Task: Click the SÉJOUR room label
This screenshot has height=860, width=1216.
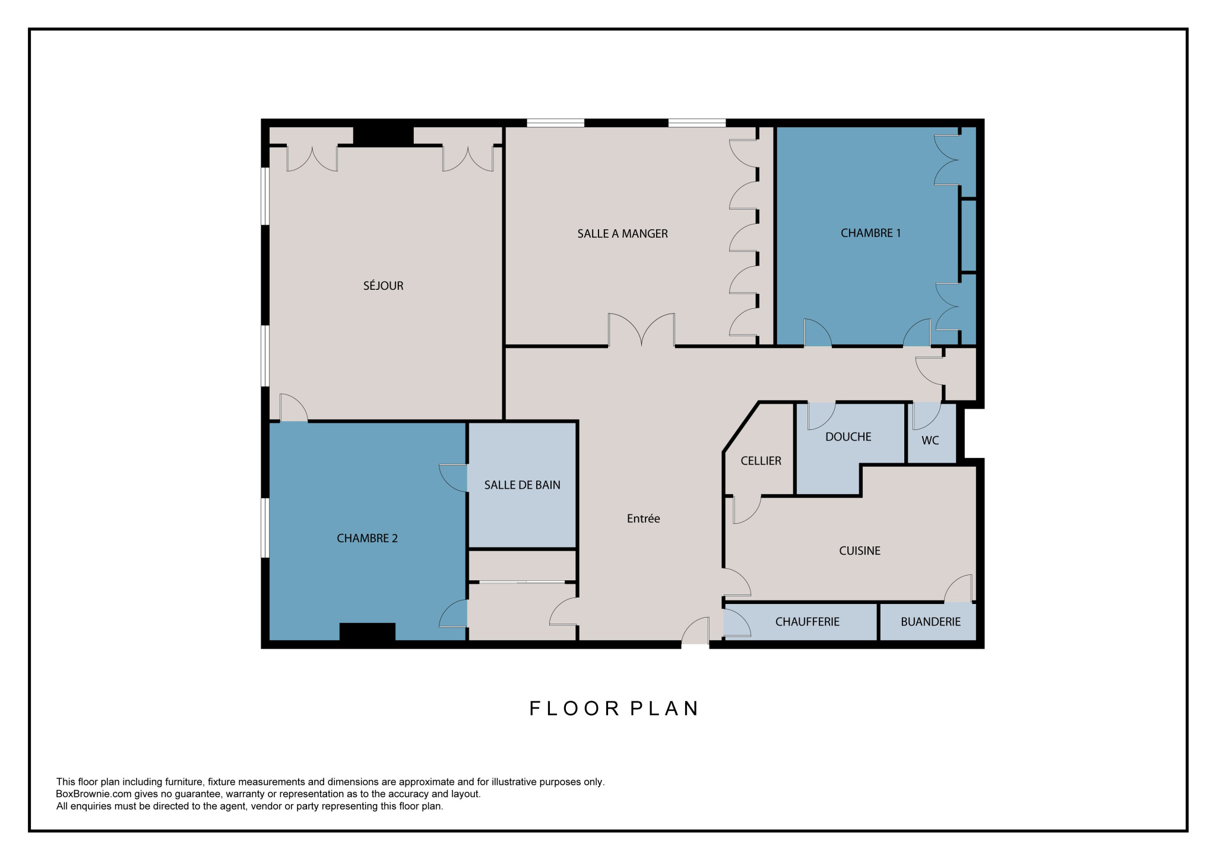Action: click(383, 286)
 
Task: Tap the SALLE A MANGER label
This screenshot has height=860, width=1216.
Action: click(622, 234)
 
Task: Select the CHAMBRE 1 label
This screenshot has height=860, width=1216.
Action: click(870, 233)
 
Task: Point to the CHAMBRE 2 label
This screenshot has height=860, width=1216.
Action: click(367, 539)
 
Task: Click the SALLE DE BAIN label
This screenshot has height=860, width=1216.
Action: click(522, 485)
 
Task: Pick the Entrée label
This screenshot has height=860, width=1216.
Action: click(643, 518)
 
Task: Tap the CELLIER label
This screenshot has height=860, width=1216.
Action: click(761, 461)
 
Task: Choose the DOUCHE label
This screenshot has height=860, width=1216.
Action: click(848, 437)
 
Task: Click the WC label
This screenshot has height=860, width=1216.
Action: click(930, 441)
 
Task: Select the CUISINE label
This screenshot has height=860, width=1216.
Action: click(859, 551)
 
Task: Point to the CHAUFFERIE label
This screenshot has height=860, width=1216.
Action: click(807, 622)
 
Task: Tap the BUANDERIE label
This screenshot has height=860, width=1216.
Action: click(930, 622)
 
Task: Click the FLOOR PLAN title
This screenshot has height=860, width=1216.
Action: click(614, 709)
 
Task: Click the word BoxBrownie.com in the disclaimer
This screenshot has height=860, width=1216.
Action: click(92, 794)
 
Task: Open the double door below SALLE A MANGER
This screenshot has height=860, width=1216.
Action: click(641, 330)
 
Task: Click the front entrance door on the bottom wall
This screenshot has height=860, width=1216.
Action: click(695, 631)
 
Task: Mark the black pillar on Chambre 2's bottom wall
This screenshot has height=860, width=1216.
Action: click(368, 632)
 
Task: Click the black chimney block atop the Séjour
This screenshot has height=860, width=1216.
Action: click(384, 136)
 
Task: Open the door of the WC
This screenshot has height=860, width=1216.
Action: click(926, 416)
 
